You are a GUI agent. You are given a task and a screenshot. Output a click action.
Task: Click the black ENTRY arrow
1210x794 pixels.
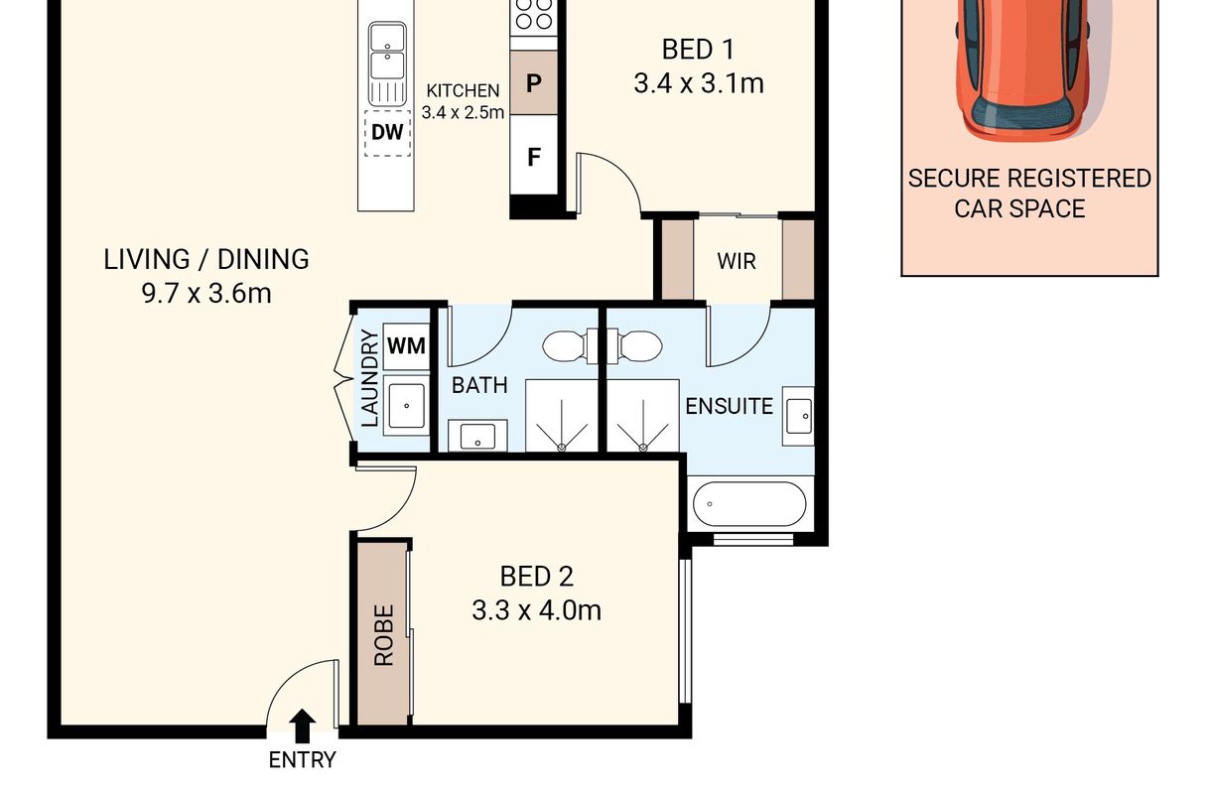click(x=302, y=726)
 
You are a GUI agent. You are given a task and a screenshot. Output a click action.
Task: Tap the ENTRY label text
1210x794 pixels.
click(x=302, y=760)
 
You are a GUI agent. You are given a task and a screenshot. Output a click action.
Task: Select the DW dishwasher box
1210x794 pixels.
click(x=387, y=133)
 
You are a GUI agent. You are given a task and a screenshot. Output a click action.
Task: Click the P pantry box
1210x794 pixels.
click(x=534, y=82)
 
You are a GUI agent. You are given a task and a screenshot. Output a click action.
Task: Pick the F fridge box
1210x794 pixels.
click(x=534, y=156)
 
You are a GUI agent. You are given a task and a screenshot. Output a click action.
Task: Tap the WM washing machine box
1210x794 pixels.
click(x=406, y=345)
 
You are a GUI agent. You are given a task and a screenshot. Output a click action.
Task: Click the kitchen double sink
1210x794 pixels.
click(x=387, y=64)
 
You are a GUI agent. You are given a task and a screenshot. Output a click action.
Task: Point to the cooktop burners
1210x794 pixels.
click(x=534, y=14)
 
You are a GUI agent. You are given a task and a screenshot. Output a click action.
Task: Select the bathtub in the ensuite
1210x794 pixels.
click(x=749, y=503)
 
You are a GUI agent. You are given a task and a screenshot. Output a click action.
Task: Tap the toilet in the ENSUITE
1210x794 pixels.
click(x=635, y=345)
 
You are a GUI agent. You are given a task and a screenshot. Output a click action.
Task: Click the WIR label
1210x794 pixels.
click(x=737, y=261)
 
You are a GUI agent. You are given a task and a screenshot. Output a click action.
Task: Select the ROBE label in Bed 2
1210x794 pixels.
click(x=384, y=635)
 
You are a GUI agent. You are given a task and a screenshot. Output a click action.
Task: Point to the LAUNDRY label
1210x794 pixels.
click(x=369, y=378)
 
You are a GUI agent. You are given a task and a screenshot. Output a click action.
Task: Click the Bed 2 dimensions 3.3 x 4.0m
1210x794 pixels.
click(x=536, y=610)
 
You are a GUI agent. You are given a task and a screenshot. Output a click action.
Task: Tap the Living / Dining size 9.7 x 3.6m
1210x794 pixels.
click(x=206, y=294)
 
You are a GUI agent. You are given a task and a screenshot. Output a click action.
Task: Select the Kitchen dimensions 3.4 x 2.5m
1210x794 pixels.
click(x=463, y=112)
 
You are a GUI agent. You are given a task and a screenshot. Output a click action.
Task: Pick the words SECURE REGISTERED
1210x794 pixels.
click(x=1029, y=179)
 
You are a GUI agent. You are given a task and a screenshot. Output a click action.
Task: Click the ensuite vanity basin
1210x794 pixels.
click(x=798, y=416)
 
